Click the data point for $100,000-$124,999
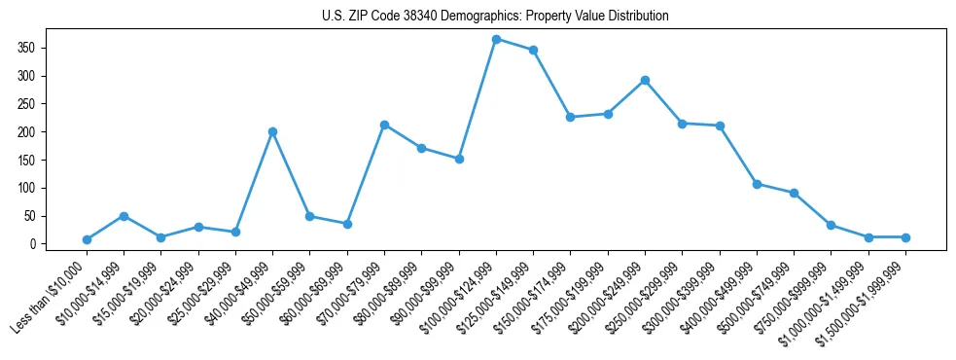(496, 39)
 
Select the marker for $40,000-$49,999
(272, 131)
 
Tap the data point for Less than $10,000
(87, 239)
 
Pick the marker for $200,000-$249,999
(645, 80)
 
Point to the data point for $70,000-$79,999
(384, 125)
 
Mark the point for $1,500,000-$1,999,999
(905, 237)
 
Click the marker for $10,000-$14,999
(124, 216)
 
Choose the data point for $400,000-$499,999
(757, 184)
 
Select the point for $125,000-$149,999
(533, 50)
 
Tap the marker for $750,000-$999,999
(831, 225)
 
